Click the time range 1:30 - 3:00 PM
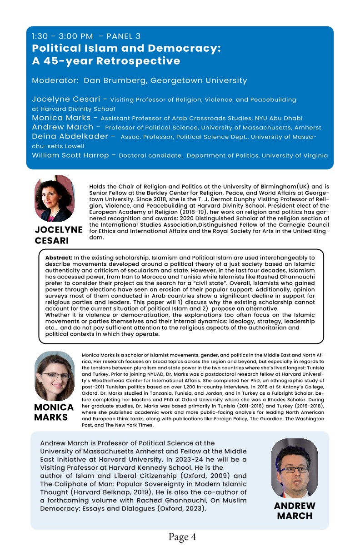coord(62,36)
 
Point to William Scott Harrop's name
coord(70,155)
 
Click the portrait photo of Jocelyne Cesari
coord(54,199)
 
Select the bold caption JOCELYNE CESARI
coord(58,235)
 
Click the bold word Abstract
coord(59,258)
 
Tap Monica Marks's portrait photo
coord(54,375)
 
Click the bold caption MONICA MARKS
coord(54,412)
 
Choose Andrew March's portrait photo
coord(295,468)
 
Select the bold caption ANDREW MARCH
coord(295,511)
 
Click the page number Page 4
coord(182,537)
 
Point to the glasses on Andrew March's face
coord(295,468)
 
